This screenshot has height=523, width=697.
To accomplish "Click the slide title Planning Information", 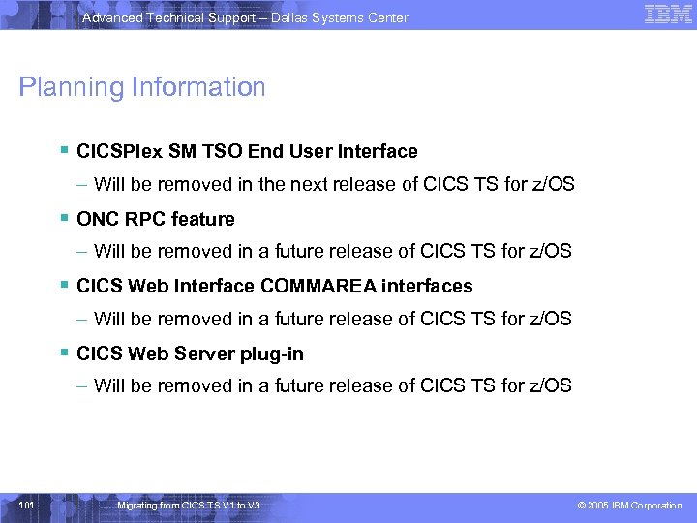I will [x=141, y=87].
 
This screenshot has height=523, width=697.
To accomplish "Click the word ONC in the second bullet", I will [x=97, y=219].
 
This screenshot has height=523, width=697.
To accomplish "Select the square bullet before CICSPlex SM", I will [x=64, y=150].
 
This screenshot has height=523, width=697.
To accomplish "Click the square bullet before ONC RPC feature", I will [x=64, y=218].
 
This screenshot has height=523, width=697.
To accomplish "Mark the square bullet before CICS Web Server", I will [x=64, y=353].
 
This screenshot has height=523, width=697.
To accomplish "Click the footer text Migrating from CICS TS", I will [x=187, y=506].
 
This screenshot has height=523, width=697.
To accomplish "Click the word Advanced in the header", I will [x=112, y=17].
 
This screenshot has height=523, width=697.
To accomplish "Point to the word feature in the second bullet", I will [x=203, y=219].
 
